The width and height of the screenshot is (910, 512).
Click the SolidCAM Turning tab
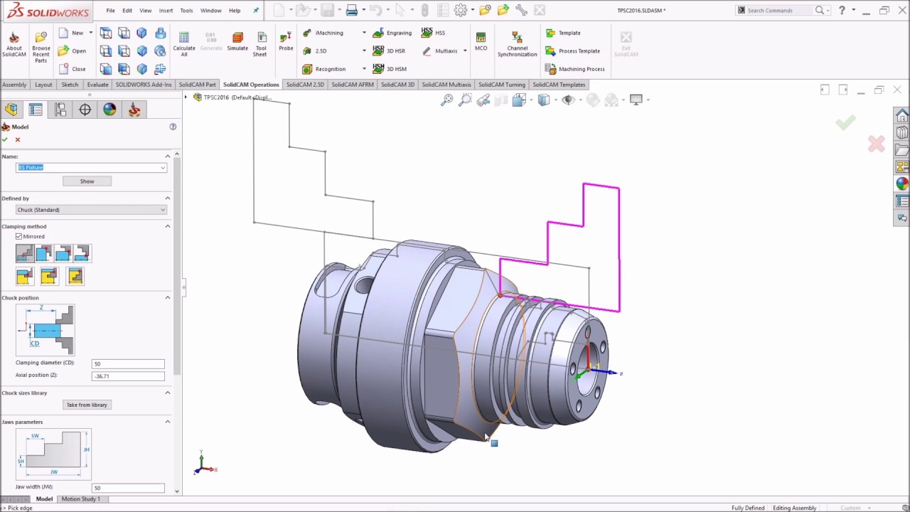501,85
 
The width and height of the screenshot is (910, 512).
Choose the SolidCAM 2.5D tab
305,85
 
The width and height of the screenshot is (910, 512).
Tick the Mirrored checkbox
19,236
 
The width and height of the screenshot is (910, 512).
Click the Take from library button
87,405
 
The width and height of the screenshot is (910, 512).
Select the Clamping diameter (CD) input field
128,363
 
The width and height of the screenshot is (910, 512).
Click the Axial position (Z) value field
128,375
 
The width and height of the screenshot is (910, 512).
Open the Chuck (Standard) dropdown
91,210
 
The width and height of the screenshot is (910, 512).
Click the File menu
110,11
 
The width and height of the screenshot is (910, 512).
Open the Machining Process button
574,69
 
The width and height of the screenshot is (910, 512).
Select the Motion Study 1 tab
80,499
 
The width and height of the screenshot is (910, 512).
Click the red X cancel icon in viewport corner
876,144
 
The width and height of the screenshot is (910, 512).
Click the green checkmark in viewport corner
845,123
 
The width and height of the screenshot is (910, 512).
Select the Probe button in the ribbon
286,41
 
